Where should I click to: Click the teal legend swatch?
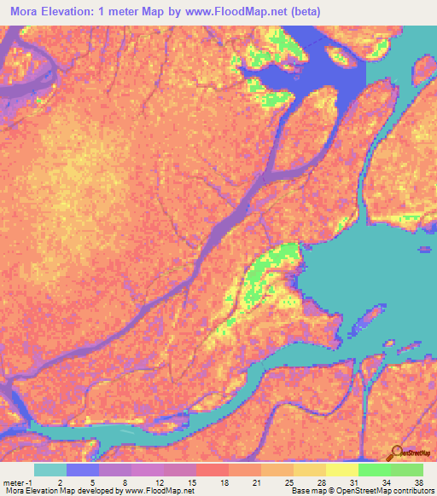click(x=50, y=470)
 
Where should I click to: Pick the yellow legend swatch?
click(x=342, y=470)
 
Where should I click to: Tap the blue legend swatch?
click(x=83, y=470)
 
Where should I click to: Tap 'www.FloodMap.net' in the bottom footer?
click(x=159, y=491)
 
